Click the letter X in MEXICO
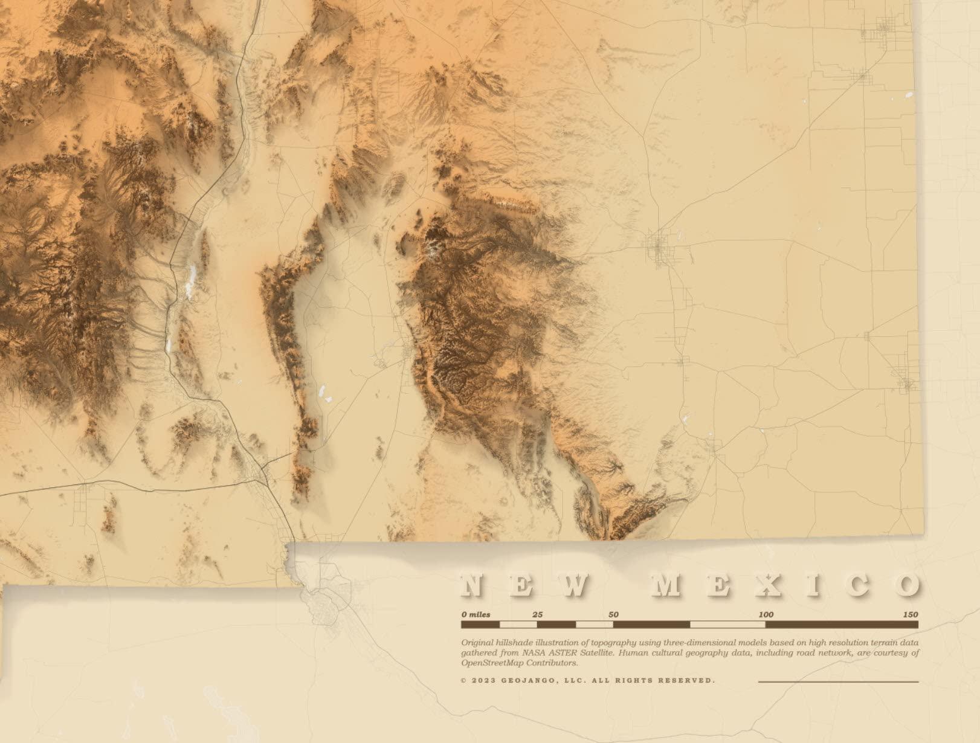[x=765, y=585]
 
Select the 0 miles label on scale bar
[x=475, y=614]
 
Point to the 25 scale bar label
[x=537, y=614]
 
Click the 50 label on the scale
[x=613, y=614]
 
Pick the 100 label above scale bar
[x=766, y=614]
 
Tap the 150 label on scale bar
[x=910, y=614]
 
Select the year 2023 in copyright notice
[x=483, y=680]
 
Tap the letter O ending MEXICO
[x=907, y=585]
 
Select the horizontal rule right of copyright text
[x=838, y=681]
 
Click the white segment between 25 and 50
[x=595, y=625]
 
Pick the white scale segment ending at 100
[x=727, y=625]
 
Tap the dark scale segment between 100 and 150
[x=842, y=625]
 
